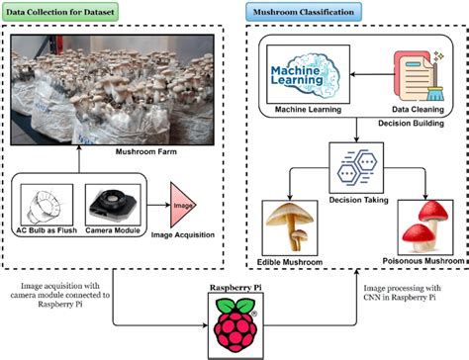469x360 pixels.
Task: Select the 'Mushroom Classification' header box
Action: click(x=304, y=12)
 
